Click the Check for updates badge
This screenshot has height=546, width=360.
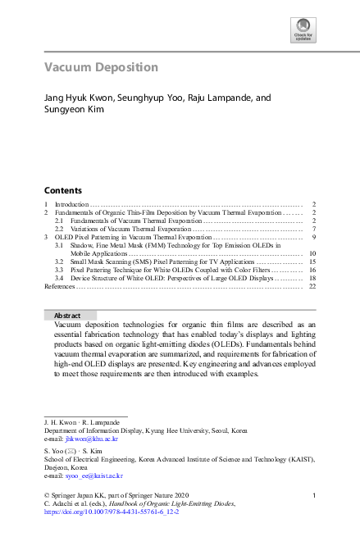tap(303, 31)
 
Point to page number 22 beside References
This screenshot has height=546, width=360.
tap(312, 286)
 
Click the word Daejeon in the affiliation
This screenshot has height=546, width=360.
tap(57, 467)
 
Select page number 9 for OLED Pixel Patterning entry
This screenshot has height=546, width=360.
tap(314, 236)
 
